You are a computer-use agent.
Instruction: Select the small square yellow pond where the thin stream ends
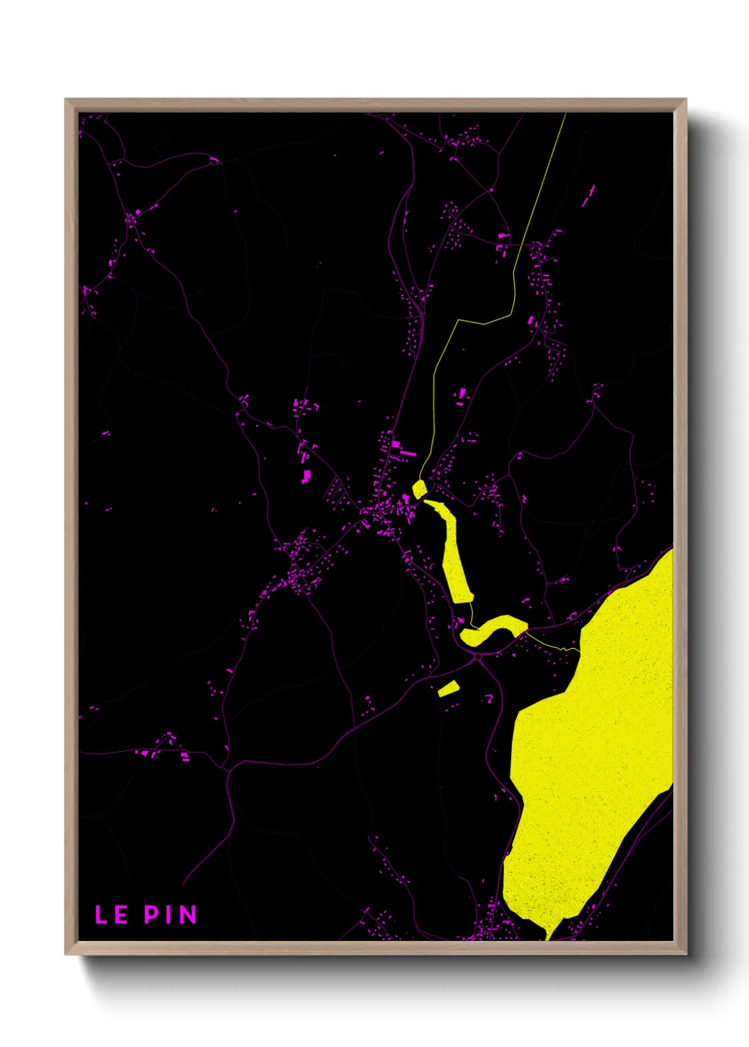pos(419,489)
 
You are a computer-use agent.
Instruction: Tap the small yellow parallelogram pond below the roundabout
pos(449,688)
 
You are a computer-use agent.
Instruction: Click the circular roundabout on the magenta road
pos(478,657)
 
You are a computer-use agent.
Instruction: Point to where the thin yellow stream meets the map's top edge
pos(566,114)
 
